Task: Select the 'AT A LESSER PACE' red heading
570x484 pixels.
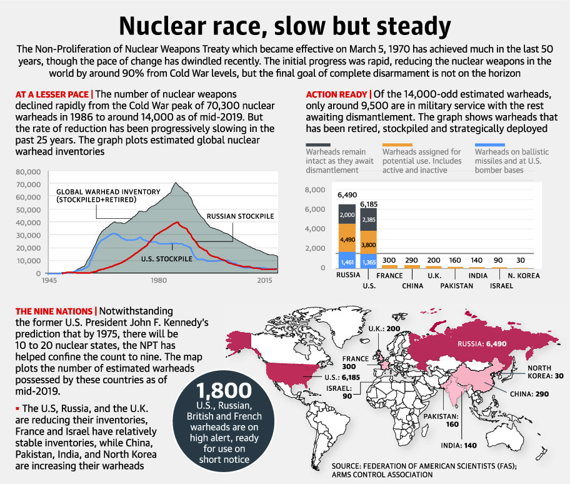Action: point(52,94)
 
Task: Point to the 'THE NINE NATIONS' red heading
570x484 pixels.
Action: point(54,311)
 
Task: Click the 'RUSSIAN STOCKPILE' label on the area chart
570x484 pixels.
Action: point(240,216)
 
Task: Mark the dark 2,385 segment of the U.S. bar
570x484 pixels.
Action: point(368,219)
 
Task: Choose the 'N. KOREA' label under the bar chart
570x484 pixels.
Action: point(523,275)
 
